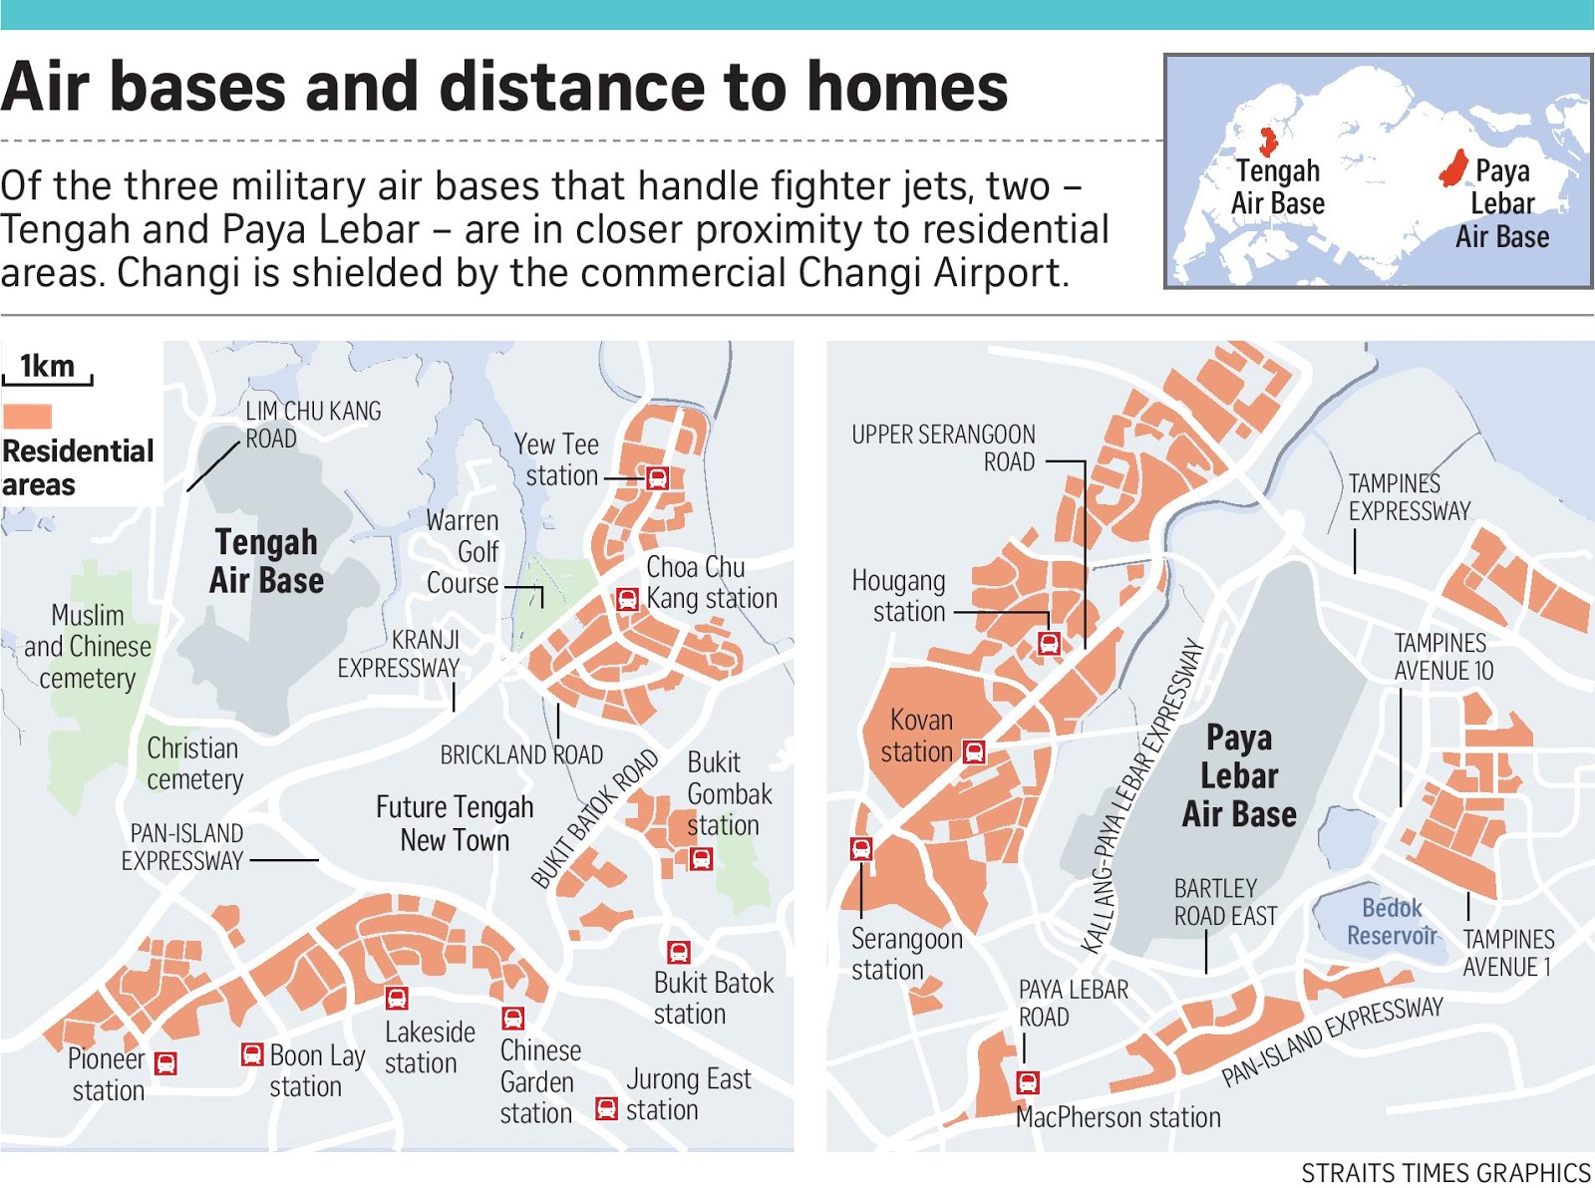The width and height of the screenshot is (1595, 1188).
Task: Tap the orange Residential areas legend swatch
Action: [27, 416]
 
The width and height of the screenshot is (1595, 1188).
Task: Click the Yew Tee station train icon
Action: [657, 477]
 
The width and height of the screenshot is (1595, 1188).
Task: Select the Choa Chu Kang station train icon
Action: [626, 599]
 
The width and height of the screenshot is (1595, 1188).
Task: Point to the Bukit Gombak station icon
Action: [701, 858]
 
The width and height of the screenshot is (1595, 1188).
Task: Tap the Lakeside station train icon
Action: [397, 998]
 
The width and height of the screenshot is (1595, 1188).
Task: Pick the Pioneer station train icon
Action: [166, 1063]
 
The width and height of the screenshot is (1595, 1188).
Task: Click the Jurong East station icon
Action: [605, 1108]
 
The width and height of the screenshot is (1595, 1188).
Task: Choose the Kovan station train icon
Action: [974, 751]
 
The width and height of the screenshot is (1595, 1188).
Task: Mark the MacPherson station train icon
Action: [1028, 1082]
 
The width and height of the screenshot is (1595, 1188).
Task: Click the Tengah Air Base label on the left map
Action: [266, 561]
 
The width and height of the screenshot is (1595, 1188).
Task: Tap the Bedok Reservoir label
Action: [1392, 922]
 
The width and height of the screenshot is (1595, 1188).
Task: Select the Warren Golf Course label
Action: [463, 551]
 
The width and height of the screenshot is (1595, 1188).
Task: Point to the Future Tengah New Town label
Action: [455, 823]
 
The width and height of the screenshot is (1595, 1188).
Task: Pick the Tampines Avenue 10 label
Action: [1442, 657]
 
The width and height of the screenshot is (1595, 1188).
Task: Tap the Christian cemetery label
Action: [194, 763]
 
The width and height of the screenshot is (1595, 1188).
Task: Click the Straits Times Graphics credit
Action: [1445, 1172]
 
